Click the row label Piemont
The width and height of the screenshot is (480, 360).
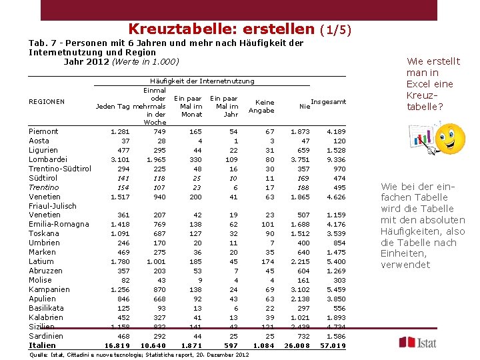43,131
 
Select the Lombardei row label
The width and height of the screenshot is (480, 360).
47,159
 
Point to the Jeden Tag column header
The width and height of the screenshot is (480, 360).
113,107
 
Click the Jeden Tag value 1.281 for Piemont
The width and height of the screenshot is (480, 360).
119,131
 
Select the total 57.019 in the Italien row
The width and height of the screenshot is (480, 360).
333,345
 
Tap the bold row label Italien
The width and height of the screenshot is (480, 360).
43,345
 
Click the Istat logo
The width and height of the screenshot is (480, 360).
418,342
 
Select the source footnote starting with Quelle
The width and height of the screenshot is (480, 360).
139,354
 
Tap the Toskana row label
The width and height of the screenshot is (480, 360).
45,234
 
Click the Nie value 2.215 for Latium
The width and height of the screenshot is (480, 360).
299,262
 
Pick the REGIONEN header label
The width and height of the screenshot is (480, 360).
47,101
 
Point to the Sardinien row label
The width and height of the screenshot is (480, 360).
45,336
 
